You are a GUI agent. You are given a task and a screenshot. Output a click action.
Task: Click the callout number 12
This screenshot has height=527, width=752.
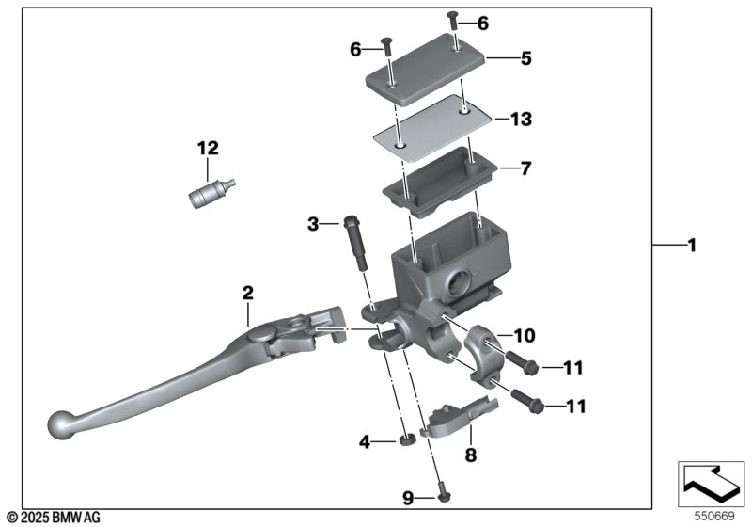click(x=208, y=149)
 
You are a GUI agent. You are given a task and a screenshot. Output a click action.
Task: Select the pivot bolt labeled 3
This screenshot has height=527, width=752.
click(x=355, y=243)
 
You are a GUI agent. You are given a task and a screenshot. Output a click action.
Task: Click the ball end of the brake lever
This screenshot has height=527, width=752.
click(x=61, y=424)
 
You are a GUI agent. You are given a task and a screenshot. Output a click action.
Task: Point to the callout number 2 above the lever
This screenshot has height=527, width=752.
click(x=248, y=293)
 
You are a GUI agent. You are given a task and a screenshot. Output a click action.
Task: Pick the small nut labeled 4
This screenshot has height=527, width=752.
click(x=407, y=440)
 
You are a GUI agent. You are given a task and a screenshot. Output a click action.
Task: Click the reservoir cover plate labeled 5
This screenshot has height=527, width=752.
click(x=426, y=70)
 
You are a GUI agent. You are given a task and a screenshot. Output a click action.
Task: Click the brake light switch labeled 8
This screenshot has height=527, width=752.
click(x=458, y=418)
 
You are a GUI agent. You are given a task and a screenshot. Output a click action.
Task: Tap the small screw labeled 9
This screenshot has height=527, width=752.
click(x=444, y=497)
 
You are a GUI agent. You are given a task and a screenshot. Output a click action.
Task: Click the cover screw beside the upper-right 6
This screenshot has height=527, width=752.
click(x=453, y=21)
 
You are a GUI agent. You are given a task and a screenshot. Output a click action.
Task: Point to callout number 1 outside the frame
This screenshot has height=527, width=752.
click(x=692, y=246)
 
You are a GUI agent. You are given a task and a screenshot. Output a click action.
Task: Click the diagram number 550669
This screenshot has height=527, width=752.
click(x=714, y=516)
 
